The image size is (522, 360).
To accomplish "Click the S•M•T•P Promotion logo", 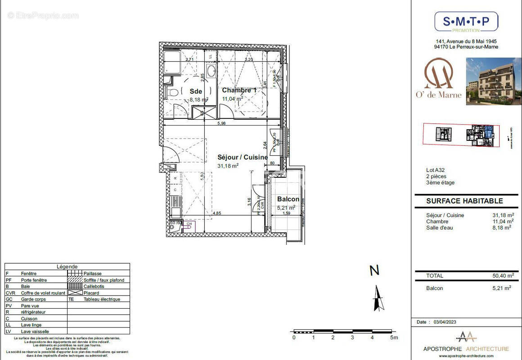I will (466, 22).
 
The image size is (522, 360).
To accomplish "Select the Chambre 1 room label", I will (239, 90).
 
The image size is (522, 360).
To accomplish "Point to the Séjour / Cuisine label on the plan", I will (243, 157).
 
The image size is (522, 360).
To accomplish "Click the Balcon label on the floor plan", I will (288, 199).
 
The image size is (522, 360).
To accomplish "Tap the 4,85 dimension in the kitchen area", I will (217, 213).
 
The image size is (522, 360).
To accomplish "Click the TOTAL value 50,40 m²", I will (502, 276).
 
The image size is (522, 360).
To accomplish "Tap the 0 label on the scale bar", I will (294, 337).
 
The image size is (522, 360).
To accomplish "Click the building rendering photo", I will (494, 81).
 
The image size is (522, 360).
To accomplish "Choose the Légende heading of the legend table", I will (67, 266).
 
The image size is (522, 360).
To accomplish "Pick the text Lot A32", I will (435, 170).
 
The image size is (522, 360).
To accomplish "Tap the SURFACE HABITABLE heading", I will (464, 201).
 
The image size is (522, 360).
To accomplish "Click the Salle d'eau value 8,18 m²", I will (502, 228).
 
